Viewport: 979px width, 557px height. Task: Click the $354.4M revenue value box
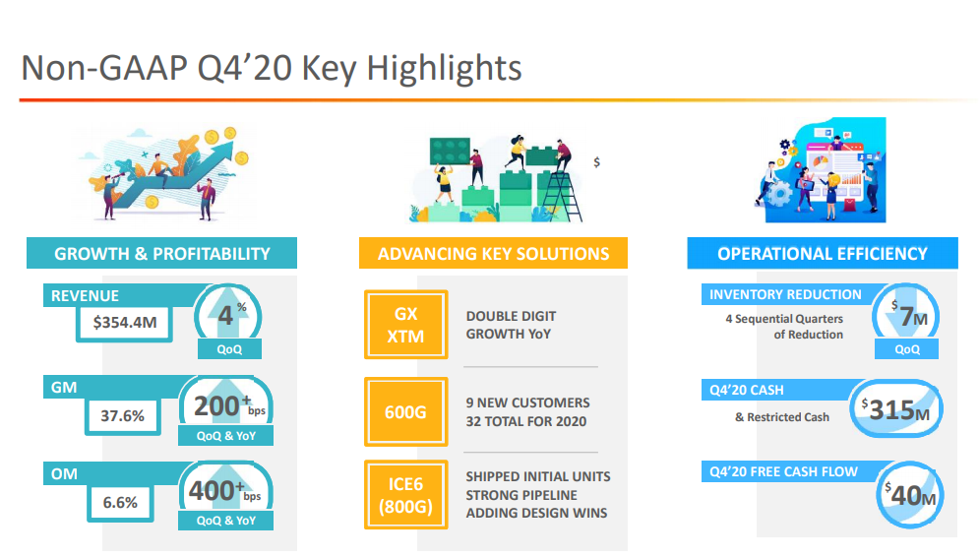point(124,323)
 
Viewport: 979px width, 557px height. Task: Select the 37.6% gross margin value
point(122,416)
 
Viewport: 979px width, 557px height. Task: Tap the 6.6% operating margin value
point(120,503)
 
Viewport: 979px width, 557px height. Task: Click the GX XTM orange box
point(405,325)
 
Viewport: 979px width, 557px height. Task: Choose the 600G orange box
point(405,412)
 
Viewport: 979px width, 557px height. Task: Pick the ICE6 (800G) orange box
point(405,495)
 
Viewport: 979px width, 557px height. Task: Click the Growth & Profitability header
point(161,254)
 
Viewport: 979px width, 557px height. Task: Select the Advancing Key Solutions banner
point(493,254)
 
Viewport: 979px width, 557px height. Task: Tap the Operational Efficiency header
point(823,254)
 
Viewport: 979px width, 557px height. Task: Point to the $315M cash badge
point(896,409)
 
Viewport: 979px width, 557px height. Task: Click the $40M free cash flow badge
point(910,495)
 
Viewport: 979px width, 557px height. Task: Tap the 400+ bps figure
point(224,491)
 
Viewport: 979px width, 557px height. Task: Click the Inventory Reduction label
point(785,294)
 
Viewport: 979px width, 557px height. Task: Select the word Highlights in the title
point(444,68)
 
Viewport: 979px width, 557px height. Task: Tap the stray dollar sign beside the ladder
point(597,162)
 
